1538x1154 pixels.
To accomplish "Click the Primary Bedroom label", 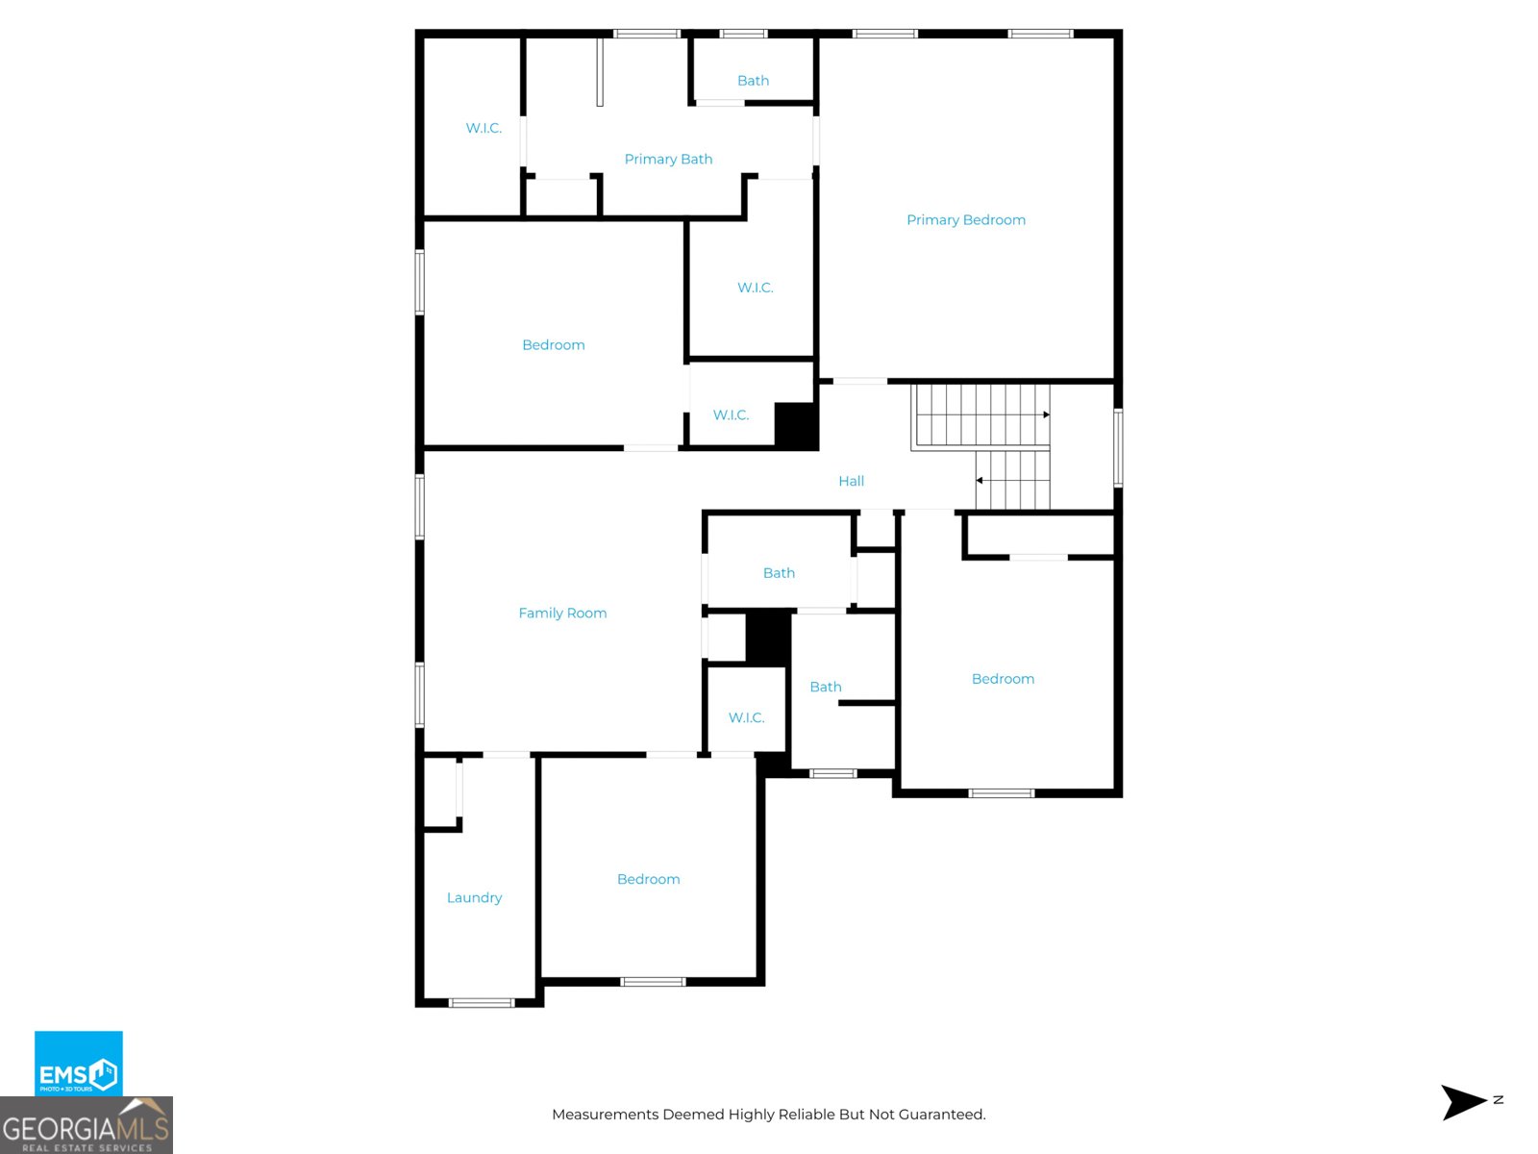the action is point(965,220).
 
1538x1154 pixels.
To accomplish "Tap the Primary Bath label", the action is point(668,159).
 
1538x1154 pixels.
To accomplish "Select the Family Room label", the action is point(562,614).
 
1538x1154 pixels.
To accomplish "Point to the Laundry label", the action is point(474,897).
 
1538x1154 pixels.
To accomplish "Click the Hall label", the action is point(852,482).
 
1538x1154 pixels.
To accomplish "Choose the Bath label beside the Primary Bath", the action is point(754,81).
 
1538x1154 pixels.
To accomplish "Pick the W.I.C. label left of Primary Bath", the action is point(484,128).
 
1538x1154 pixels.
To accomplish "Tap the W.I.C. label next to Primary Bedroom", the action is point(756,288).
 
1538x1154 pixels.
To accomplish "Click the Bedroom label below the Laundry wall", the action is point(648,879).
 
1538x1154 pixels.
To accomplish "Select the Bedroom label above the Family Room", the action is point(554,344).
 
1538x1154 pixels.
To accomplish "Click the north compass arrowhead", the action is point(1463,1102).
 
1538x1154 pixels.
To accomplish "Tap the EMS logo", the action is point(79,1063).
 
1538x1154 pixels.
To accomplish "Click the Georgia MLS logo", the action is point(87,1125).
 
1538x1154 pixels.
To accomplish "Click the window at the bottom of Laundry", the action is point(482,1003).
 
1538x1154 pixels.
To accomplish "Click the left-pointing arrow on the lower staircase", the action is point(1012,480).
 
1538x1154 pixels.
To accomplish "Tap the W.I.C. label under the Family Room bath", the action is point(746,717).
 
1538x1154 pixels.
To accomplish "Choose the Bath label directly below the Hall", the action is point(779,573).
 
